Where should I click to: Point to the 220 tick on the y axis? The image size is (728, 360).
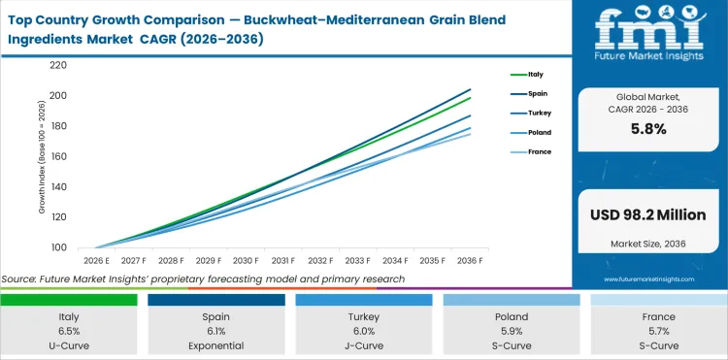tap(57, 65)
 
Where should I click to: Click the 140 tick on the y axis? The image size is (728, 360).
tap(57, 186)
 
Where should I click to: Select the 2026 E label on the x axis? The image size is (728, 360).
tap(96, 261)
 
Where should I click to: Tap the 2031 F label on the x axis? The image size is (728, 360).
tap(282, 261)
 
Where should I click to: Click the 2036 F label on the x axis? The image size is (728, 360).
tap(470, 261)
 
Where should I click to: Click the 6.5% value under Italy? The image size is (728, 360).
tap(69, 331)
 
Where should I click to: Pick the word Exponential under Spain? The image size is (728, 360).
tap(216, 345)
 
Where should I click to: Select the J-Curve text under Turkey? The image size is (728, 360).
tap(364, 345)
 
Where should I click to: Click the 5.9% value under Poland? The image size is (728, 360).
tap(512, 331)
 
